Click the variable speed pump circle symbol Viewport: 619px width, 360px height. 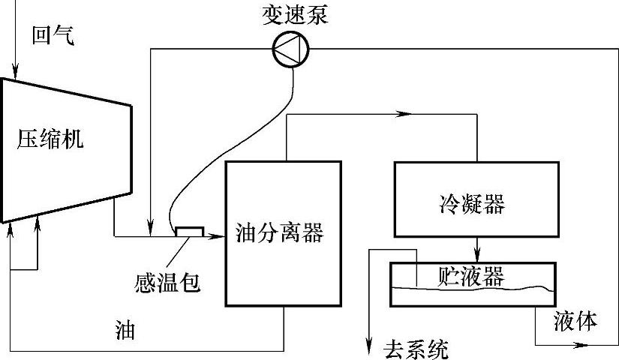(290, 51)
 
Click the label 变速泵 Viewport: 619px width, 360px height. (295, 15)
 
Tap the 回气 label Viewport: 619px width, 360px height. (53, 35)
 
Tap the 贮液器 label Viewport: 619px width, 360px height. (470, 275)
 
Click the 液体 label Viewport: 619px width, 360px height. (576, 321)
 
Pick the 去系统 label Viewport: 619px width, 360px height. (416, 349)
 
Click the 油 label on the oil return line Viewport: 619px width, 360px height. (125, 330)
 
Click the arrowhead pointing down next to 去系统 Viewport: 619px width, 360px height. (369, 345)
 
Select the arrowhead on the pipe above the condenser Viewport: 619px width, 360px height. (405, 114)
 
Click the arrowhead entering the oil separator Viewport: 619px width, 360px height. (219, 236)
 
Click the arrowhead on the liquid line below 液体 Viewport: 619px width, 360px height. (578, 345)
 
